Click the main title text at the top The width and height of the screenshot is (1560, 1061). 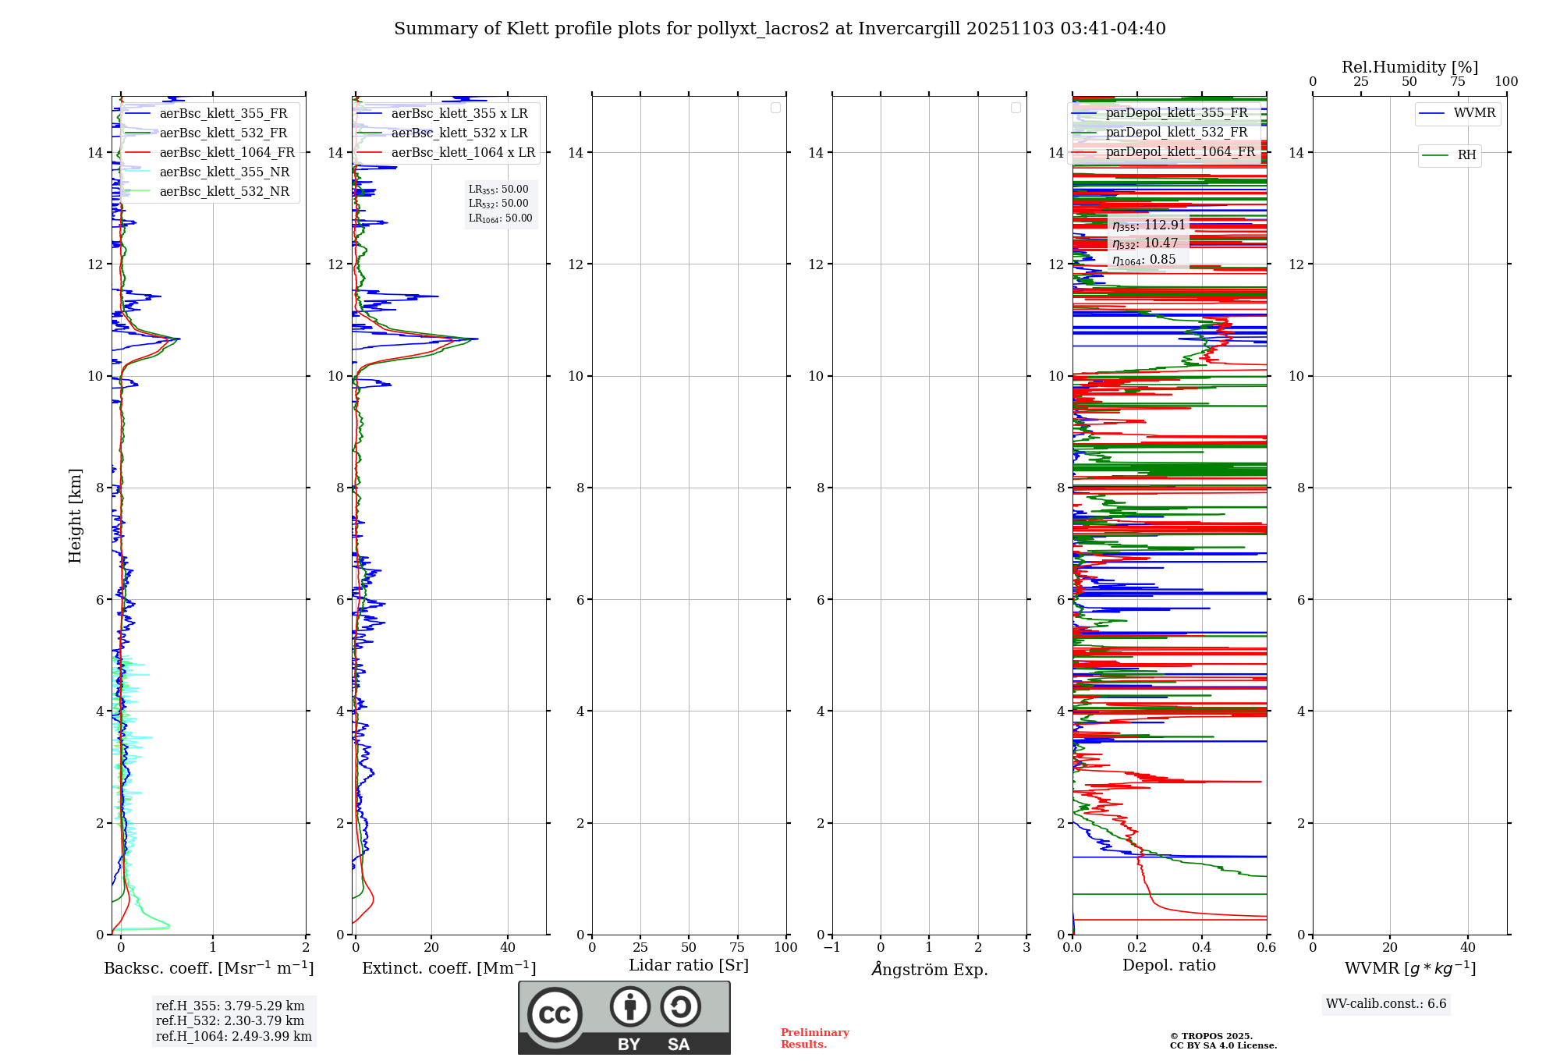779,29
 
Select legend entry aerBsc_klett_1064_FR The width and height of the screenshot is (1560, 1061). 226,153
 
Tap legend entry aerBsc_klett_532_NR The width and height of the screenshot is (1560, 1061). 224,192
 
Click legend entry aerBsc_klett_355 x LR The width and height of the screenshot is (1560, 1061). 459,114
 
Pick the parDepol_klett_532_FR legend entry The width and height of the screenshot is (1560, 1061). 1176,133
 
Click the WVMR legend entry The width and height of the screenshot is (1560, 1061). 1473,113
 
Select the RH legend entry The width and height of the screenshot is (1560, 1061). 1466,155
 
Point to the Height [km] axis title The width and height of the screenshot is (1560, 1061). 75,516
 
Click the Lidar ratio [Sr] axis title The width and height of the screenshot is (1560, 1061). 689,966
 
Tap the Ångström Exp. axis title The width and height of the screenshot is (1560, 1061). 930,970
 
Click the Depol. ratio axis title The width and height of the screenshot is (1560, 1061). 1168,966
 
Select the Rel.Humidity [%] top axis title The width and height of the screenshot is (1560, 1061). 1409,67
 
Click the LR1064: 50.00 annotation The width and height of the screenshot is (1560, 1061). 500,218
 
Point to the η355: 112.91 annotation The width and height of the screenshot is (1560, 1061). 1148,225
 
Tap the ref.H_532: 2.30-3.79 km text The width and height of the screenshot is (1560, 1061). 230,1020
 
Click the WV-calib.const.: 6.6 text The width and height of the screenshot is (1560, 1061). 1386,1004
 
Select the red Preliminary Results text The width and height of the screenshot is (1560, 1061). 814,1038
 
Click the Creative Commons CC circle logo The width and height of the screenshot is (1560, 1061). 555,1015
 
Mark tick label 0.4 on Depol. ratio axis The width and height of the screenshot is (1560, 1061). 1202,948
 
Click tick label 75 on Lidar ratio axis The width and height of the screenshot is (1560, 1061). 737,948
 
